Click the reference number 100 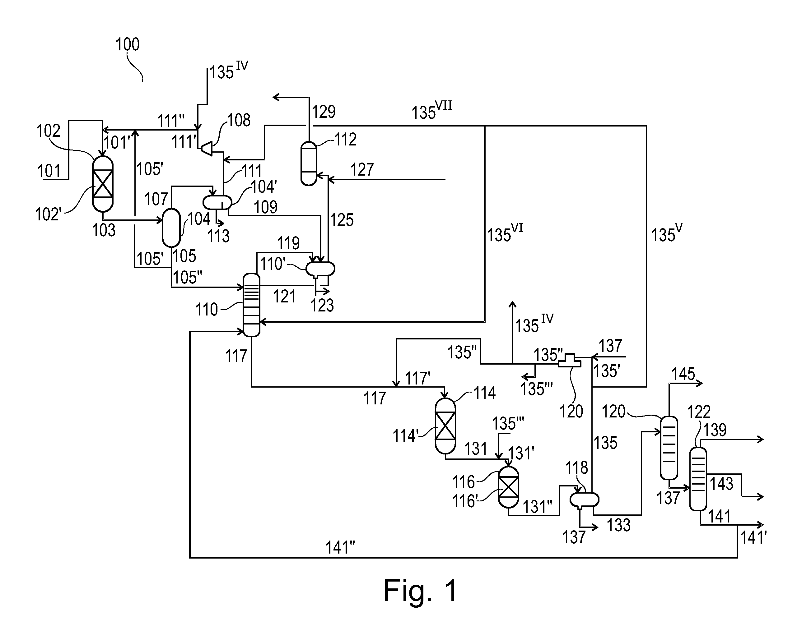[128, 44]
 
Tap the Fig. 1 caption [420, 590]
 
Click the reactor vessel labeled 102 [103, 184]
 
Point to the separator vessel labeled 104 [171, 228]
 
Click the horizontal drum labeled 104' [217, 202]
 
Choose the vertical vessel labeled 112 [309, 164]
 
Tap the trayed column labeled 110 [251, 305]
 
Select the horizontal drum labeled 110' [320, 269]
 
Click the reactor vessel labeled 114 [445, 426]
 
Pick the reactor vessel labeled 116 [508, 487]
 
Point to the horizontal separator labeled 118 [584, 500]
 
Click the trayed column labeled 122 [698, 479]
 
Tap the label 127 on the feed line [362, 170]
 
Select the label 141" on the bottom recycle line [340, 548]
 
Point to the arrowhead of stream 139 [760, 439]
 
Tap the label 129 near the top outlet [324, 112]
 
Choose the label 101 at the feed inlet [49, 171]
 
